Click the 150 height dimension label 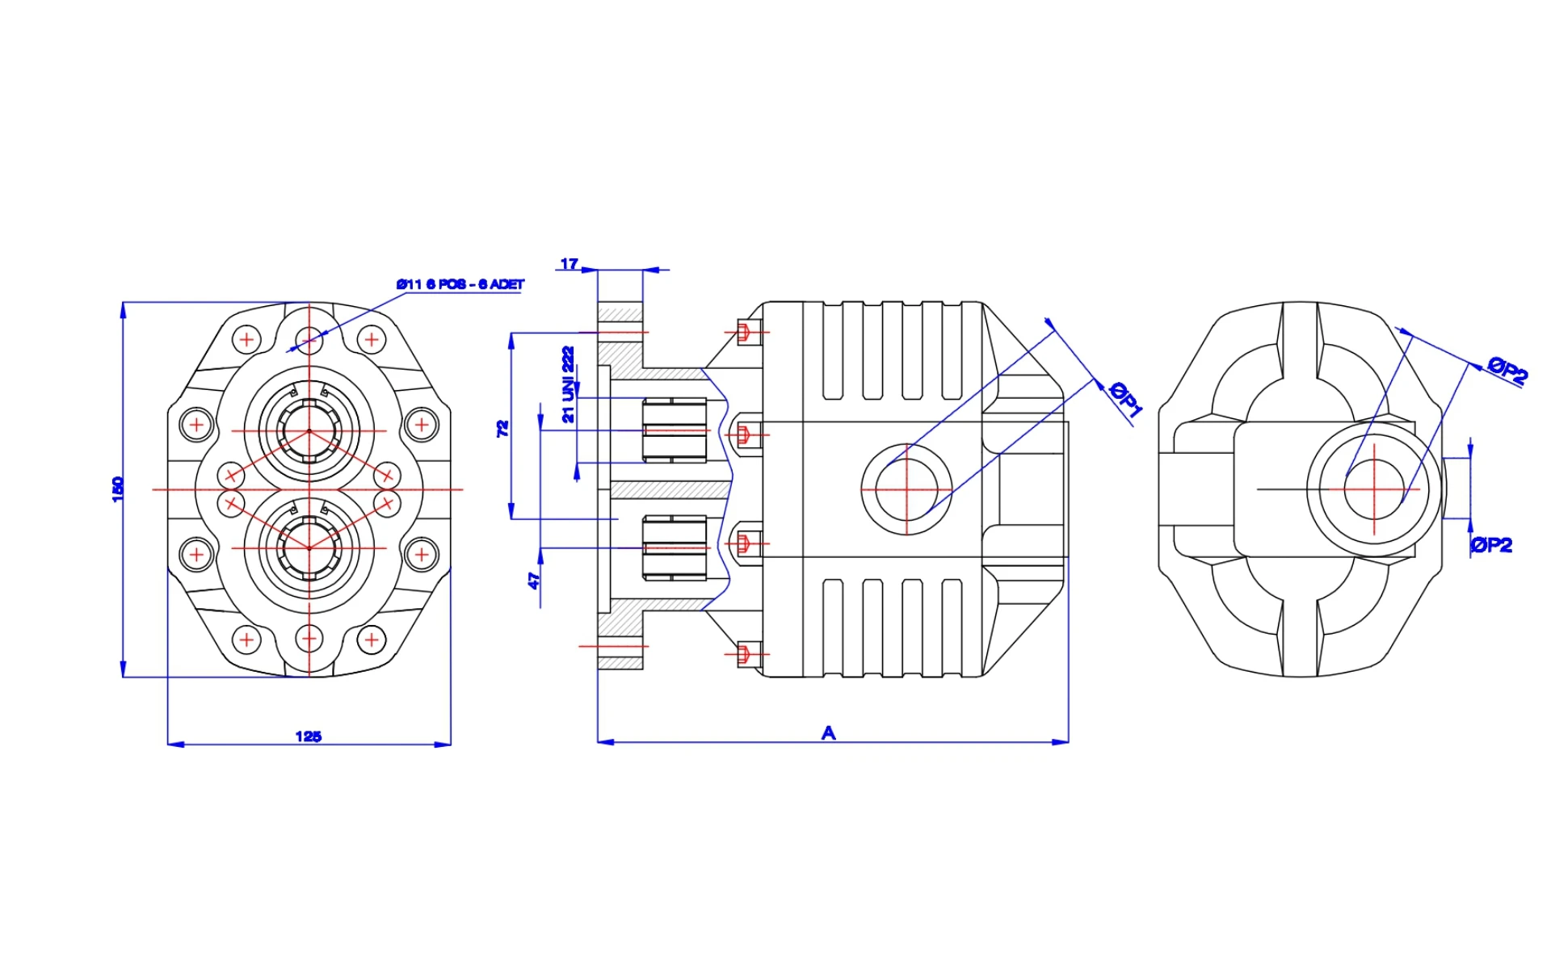pyautogui.click(x=118, y=489)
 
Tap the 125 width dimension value pyautogui.click(x=308, y=736)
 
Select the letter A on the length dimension pyautogui.click(x=828, y=733)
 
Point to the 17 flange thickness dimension pyautogui.click(x=570, y=264)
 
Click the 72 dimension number pyautogui.click(x=502, y=428)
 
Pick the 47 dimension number pyautogui.click(x=533, y=580)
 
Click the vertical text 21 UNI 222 pyautogui.click(x=569, y=384)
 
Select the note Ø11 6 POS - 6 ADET pyautogui.click(x=460, y=284)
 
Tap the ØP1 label pyautogui.click(x=1125, y=400)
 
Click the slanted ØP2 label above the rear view pyautogui.click(x=1508, y=370)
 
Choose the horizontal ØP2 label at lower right pyautogui.click(x=1491, y=545)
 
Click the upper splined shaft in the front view pyautogui.click(x=309, y=430)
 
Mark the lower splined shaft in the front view pyautogui.click(x=309, y=547)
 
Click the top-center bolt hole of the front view pyautogui.click(x=309, y=339)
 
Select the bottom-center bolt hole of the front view pyautogui.click(x=309, y=640)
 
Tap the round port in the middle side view pyautogui.click(x=906, y=489)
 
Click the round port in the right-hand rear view pyautogui.click(x=1373, y=489)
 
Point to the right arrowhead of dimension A pyautogui.click(x=1061, y=741)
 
